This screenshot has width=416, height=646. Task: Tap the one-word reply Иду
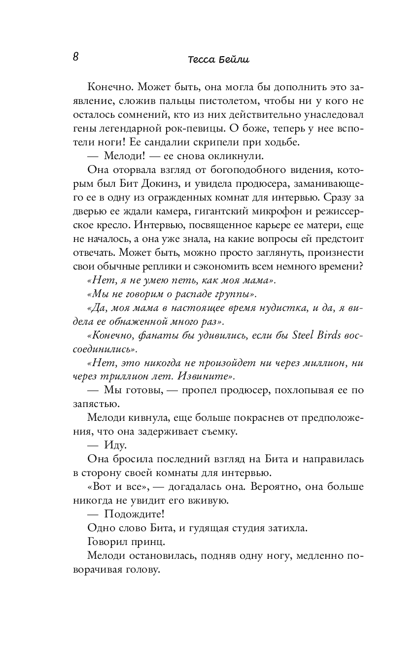click(116, 445)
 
